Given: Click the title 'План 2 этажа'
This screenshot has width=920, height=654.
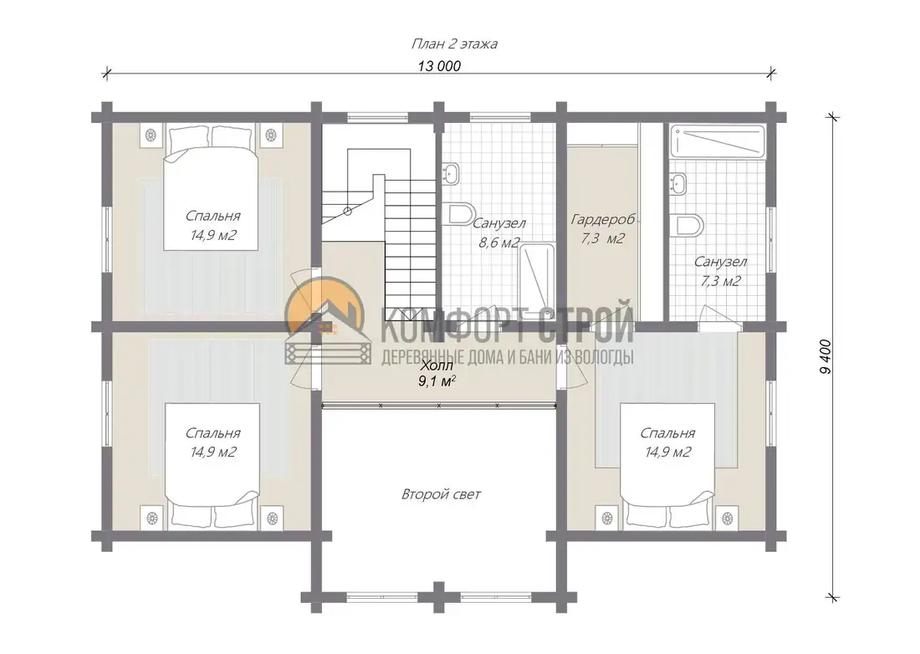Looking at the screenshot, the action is click(454, 44).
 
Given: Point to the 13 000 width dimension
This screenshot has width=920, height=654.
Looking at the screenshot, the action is click(439, 66).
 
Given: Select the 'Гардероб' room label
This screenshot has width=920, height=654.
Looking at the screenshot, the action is click(602, 219).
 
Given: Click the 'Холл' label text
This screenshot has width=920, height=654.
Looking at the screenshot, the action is click(437, 366).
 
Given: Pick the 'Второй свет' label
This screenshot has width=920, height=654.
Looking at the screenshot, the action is click(442, 494).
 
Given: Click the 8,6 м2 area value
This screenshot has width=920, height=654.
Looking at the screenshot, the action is click(498, 243).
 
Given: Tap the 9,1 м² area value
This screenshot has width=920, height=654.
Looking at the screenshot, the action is click(437, 381).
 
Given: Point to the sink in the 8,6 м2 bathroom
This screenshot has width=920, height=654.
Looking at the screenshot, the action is click(451, 174).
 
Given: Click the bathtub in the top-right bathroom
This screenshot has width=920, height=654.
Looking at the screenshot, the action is click(718, 141).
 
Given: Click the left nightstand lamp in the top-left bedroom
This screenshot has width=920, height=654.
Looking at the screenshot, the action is click(151, 135).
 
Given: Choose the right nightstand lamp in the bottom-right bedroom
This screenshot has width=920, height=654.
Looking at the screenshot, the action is click(728, 519).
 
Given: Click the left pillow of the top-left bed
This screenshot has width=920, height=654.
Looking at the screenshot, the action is click(189, 139).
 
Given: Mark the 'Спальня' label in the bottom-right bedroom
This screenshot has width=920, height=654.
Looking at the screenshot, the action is click(667, 433).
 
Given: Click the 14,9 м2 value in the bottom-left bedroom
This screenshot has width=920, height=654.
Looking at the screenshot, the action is click(213, 452).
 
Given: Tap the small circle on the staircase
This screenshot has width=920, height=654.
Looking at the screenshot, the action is click(347, 211).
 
